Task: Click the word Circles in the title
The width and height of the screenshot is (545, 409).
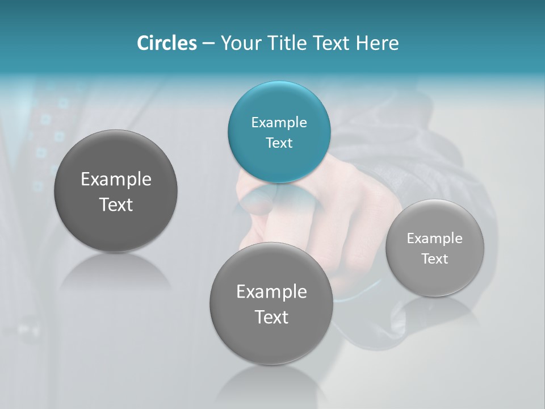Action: pos(167,43)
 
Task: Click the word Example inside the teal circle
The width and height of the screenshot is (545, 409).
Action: pos(279,123)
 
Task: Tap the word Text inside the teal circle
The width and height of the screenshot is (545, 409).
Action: pos(279,143)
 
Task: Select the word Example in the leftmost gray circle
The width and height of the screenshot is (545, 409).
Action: pos(116,180)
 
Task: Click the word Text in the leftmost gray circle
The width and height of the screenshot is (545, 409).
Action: pos(116,204)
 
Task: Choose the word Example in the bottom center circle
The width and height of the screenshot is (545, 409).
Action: pos(271,292)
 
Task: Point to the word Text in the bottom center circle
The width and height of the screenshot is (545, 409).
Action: pos(271,317)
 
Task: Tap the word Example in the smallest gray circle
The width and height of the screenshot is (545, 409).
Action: pos(434,239)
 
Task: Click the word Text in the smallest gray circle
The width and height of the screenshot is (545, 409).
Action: pos(434,259)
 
